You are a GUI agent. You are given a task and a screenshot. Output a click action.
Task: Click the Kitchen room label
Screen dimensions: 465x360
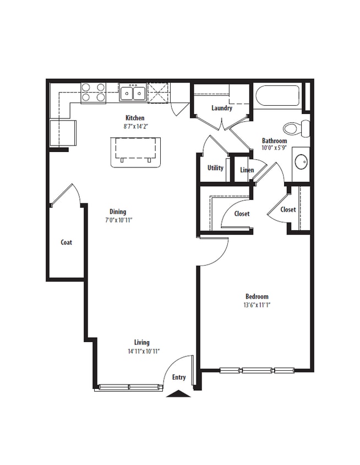click(135, 118)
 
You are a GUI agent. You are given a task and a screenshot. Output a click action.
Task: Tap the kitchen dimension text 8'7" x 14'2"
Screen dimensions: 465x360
click(135, 126)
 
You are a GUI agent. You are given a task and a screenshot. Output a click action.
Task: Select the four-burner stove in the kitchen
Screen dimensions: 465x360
click(94, 93)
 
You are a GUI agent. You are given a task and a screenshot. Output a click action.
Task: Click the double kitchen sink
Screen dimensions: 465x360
click(133, 94)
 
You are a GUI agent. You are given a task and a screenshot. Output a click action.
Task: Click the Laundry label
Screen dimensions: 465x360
click(222, 108)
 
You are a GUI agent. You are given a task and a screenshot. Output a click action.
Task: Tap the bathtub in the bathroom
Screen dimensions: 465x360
click(277, 96)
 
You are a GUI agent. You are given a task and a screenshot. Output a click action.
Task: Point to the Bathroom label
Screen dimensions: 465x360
click(274, 141)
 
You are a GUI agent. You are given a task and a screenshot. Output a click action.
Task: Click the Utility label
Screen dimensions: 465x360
click(215, 168)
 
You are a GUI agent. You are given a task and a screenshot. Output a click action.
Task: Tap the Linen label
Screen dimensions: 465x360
click(247, 170)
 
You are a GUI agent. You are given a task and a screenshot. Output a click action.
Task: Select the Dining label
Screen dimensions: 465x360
click(118, 212)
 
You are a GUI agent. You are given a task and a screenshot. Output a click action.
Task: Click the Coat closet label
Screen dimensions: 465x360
click(67, 242)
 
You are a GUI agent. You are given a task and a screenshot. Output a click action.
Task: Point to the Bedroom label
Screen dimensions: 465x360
click(257, 296)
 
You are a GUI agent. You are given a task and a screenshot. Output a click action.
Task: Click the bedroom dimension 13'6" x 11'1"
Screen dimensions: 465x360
click(257, 305)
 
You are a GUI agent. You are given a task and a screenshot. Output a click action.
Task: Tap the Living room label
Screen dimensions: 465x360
click(141, 343)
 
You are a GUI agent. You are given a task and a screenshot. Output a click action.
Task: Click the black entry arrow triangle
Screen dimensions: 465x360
click(179, 393)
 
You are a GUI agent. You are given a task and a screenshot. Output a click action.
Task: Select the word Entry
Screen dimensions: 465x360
click(179, 377)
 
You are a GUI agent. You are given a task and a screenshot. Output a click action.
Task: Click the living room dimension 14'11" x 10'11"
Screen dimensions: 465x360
click(143, 351)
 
